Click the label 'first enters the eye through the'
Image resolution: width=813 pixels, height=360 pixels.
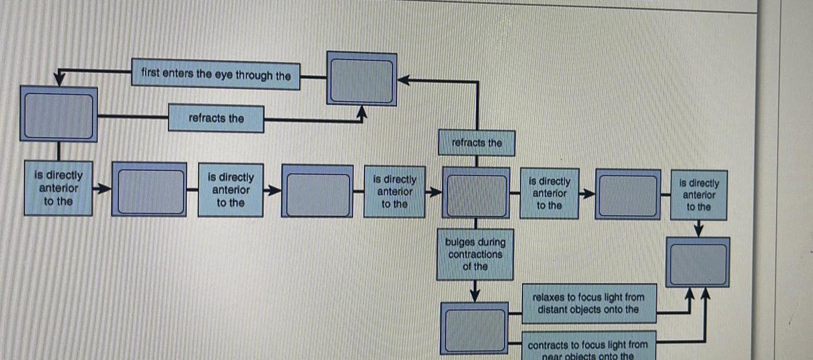(216, 74)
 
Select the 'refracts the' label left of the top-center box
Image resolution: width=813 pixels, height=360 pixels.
(216, 118)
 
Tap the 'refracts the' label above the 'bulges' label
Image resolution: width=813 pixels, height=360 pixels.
(477, 143)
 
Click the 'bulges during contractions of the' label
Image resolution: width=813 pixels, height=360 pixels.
(475, 254)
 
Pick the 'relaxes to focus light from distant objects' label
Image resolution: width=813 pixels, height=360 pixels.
(588, 303)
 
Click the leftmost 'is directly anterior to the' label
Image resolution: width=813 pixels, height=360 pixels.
(58, 188)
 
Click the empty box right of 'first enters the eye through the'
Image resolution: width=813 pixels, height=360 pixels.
(362, 78)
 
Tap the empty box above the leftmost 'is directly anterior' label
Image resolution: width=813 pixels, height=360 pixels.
(58, 114)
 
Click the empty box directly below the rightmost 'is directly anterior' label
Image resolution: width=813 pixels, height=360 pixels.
(697, 262)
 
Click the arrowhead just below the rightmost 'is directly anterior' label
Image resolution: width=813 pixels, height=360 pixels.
(699, 230)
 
